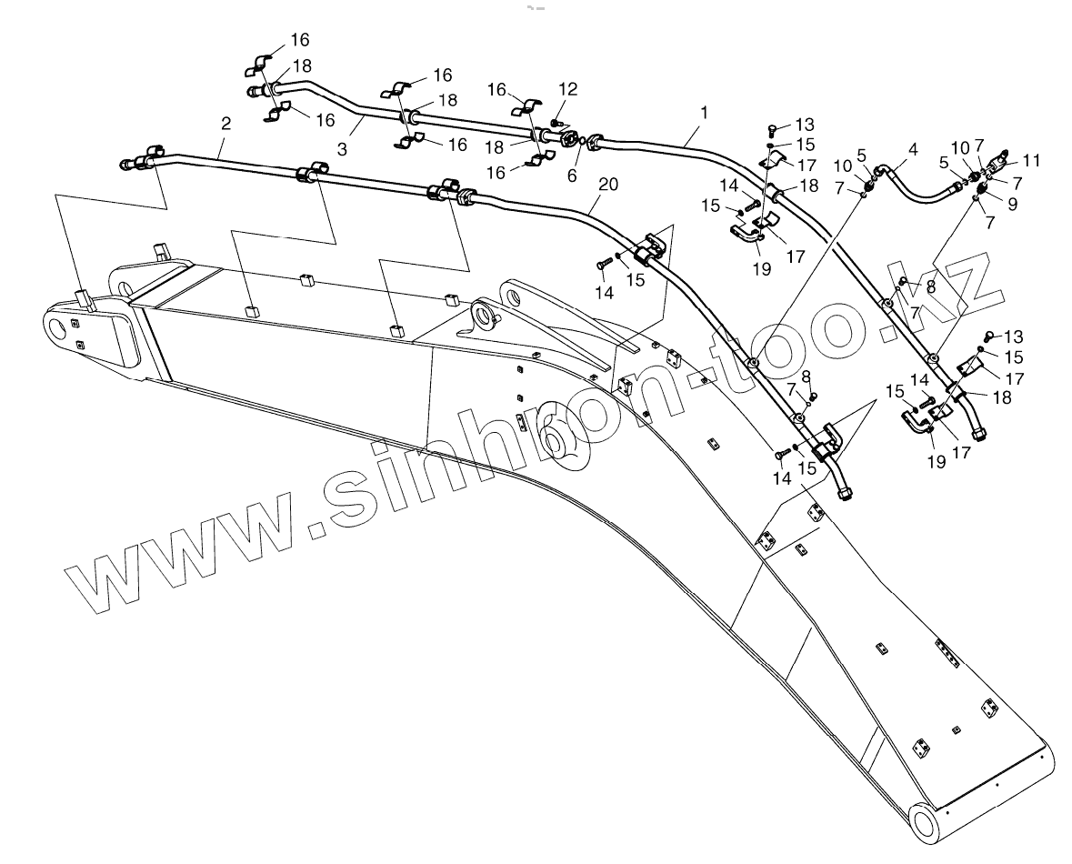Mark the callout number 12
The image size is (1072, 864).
[567, 89]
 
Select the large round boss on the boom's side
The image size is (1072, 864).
[557, 443]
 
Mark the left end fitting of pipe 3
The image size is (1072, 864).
[252, 91]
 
